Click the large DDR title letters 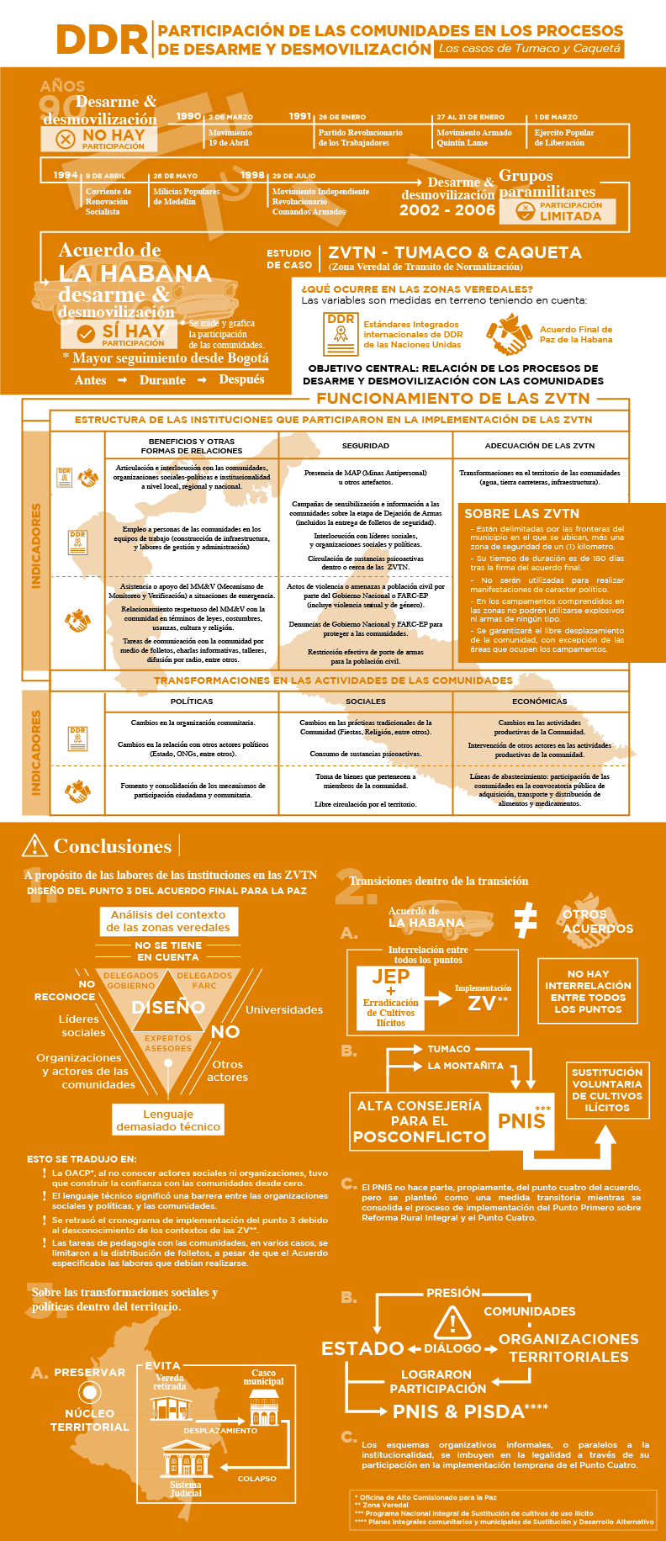pyautogui.click(x=102, y=40)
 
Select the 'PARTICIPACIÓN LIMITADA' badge pyautogui.click(x=558, y=211)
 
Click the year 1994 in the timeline pyautogui.click(x=65, y=175)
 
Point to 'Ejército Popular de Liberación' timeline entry pyautogui.click(x=564, y=137)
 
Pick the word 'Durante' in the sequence pyautogui.click(x=162, y=380)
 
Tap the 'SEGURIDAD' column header pyautogui.click(x=365, y=445)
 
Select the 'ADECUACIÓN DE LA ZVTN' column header pyautogui.click(x=539, y=445)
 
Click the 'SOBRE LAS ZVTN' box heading pyautogui.click(x=521, y=513)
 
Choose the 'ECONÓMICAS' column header pyautogui.click(x=539, y=701)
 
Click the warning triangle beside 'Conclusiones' pyautogui.click(x=34, y=845)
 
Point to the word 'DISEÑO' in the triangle pyautogui.click(x=168, y=1007)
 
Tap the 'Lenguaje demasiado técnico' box pyautogui.click(x=168, y=1120)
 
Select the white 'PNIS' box pyautogui.click(x=521, y=1120)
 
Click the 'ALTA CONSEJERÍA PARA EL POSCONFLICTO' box pyautogui.click(x=419, y=1120)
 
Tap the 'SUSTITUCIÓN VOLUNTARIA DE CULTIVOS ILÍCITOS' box pyautogui.click(x=607, y=1090)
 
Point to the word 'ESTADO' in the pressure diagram pyautogui.click(x=362, y=1348)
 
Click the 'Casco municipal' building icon pyautogui.click(x=263, y=1406)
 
